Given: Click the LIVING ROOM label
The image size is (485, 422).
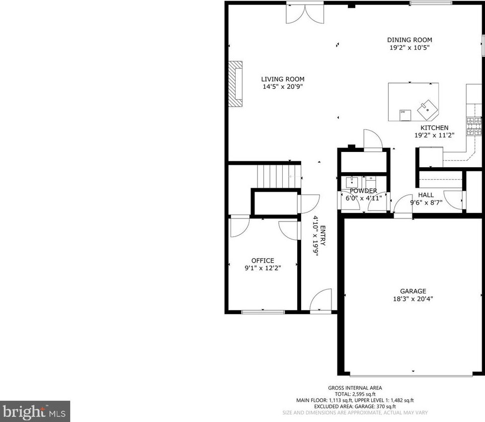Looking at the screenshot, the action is point(283,79).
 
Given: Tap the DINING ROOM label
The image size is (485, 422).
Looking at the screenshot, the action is point(409,40).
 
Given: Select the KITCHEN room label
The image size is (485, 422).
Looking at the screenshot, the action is point(434,128).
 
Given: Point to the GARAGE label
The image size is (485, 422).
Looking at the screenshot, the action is point(413,291).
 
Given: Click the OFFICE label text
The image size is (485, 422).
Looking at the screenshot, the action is point(262,261).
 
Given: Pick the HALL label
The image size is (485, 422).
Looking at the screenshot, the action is point(426,195).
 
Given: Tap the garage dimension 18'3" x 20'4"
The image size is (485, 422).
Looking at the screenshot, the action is point(413,299).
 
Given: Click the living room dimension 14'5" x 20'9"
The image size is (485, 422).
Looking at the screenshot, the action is point(283,86).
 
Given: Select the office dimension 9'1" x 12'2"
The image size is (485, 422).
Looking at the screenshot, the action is point(262,268).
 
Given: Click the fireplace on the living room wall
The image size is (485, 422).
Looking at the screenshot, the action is point(236,84).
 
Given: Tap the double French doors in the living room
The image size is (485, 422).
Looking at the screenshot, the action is point(305,13).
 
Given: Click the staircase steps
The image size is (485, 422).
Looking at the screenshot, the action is point(279,176).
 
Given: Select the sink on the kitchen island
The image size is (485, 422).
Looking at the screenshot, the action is point(427,109).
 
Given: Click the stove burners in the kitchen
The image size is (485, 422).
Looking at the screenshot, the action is point(474,127).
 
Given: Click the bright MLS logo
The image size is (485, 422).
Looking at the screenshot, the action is point(35,412).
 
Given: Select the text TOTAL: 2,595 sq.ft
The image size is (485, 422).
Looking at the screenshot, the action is point(355,394).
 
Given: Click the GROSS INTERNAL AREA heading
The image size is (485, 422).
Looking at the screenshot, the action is point(355,388).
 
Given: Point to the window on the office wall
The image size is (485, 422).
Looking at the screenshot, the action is point(263,312).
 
